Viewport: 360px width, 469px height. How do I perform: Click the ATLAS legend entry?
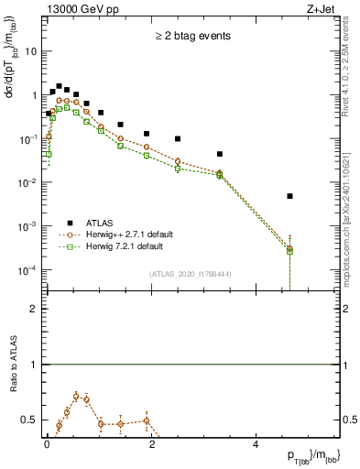[102, 223]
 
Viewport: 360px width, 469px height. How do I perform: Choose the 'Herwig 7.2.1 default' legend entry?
[126, 246]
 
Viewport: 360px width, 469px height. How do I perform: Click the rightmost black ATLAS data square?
[289, 196]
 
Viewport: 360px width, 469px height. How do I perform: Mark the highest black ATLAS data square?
[59, 86]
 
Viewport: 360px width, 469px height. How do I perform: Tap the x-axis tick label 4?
[256, 443]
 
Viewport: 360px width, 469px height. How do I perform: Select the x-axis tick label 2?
[151, 443]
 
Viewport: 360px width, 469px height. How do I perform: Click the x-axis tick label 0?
[47, 443]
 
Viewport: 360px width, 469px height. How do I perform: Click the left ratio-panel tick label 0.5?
[29, 420]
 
